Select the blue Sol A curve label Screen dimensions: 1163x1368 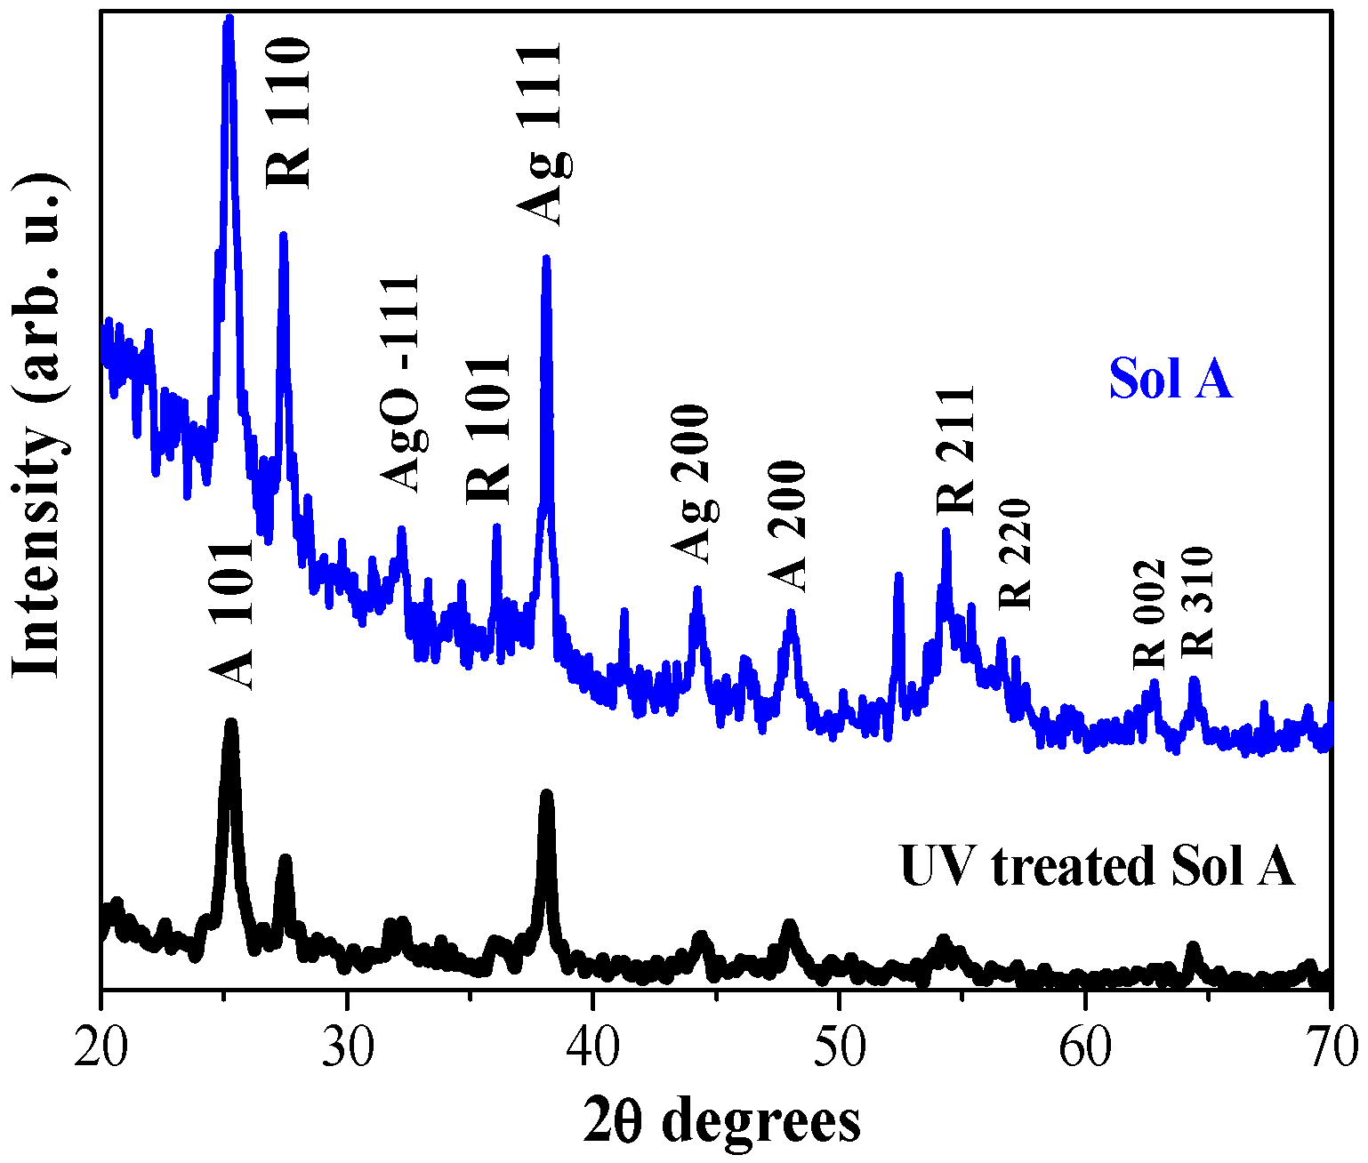(1171, 379)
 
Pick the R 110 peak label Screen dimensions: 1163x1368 (290, 112)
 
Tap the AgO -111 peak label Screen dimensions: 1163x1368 (400, 383)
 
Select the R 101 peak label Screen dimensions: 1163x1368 (489, 429)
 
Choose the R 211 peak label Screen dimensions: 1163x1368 (956, 450)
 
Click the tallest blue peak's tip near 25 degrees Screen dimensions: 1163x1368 (229, 20)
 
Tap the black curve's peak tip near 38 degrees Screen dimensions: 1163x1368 (546, 794)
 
